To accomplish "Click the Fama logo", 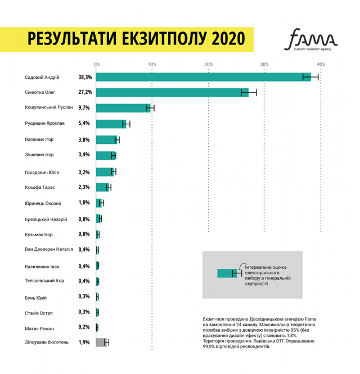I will pyautogui.click(x=313, y=40).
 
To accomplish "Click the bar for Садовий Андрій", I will pyautogui.click(x=203, y=77).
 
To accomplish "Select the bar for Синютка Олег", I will pyautogui.click(x=172, y=92).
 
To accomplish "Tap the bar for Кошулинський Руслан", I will pyautogui.click(x=123, y=108).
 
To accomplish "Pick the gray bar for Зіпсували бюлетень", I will pyautogui.click(x=101, y=342).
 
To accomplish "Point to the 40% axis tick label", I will pyautogui.click(x=321, y=64).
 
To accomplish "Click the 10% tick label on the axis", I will pyautogui.click(x=152, y=64).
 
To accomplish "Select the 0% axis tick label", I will pyautogui.click(x=97, y=64).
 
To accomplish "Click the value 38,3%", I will pyautogui.click(x=85, y=77).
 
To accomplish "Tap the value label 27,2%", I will pyautogui.click(x=85, y=92).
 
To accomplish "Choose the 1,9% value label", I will pyautogui.click(x=84, y=342).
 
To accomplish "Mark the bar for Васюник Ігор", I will pyautogui.click(x=107, y=139).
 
